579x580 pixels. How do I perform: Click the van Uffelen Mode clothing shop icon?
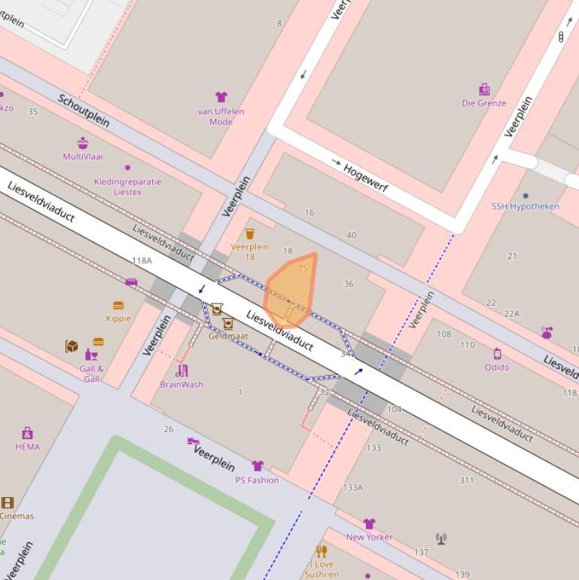point(221,97)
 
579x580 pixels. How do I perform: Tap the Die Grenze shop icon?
point(484,90)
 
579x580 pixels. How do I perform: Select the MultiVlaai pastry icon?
point(83,143)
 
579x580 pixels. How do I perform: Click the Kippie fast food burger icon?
point(118,306)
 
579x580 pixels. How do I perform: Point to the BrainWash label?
point(181,384)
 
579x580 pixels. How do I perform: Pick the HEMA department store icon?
point(28,433)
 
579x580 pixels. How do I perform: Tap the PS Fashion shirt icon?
point(258,466)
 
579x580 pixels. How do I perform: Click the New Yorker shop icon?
point(369,524)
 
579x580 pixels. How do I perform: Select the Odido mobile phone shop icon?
point(497,354)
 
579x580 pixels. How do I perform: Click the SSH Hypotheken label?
point(526,206)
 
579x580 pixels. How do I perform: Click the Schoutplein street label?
point(84,111)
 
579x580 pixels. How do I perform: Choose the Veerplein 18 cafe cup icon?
point(250,234)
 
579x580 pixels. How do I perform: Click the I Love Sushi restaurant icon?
point(321,551)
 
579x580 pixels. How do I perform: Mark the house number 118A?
point(142,261)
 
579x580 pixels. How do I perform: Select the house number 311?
point(467,480)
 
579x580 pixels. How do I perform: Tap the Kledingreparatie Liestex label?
point(127,187)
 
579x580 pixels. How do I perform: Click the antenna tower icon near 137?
point(441,539)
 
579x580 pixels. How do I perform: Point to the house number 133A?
point(352,487)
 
